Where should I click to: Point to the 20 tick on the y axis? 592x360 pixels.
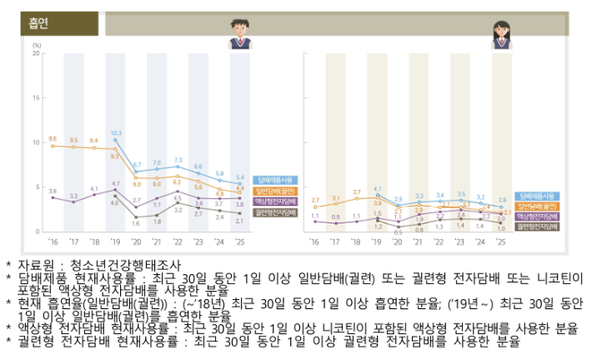pos(35,52)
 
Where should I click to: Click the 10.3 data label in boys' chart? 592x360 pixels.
pos(116,132)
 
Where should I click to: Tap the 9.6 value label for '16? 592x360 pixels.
pos(53,138)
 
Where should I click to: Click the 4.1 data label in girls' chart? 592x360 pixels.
pos(377,188)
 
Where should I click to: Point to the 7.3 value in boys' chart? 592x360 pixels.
pos(178,158)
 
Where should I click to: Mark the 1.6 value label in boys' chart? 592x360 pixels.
pos(136,222)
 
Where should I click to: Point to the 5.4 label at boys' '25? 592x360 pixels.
pos(240,177)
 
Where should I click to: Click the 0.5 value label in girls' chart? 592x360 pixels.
pos(398,232)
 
